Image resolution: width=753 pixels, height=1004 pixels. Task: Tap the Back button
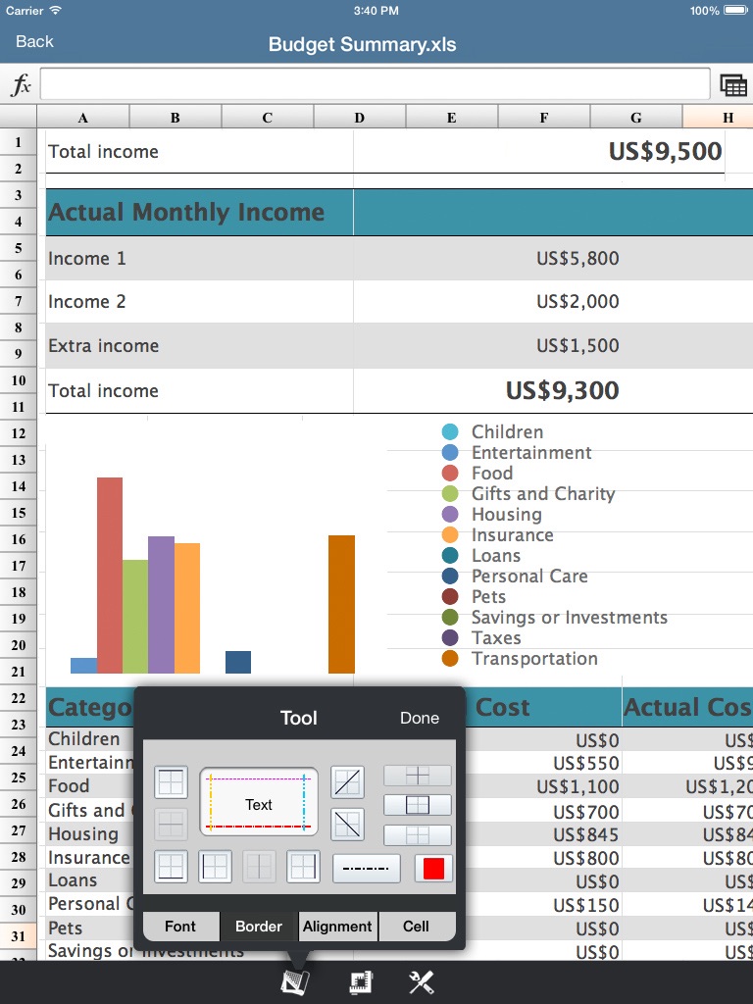tap(34, 41)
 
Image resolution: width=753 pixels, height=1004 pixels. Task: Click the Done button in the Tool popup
tap(419, 718)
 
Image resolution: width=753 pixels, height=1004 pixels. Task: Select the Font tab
tap(180, 926)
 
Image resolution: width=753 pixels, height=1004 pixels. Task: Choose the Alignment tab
tap(337, 926)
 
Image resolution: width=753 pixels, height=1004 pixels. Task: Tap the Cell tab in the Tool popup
tap(416, 926)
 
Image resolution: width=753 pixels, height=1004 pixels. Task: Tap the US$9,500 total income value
tap(665, 152)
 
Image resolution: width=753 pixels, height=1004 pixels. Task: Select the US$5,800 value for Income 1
tap(577, 259)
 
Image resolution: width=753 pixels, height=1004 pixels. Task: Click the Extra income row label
tap(103, 346)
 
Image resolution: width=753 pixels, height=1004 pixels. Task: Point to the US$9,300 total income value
tap(562, 390)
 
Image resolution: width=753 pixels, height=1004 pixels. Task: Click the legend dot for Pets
tap(450, 597)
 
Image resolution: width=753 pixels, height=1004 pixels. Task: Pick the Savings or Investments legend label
tap(569, 618)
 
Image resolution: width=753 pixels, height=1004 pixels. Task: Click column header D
tap(359, 118)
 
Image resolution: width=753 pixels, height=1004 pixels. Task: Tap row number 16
tap(19, 539)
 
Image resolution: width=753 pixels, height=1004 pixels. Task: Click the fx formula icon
tap(21, 85)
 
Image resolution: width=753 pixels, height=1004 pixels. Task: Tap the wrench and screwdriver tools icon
tap(422, 982)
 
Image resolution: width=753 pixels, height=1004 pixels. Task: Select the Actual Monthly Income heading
tap(186, 213)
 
